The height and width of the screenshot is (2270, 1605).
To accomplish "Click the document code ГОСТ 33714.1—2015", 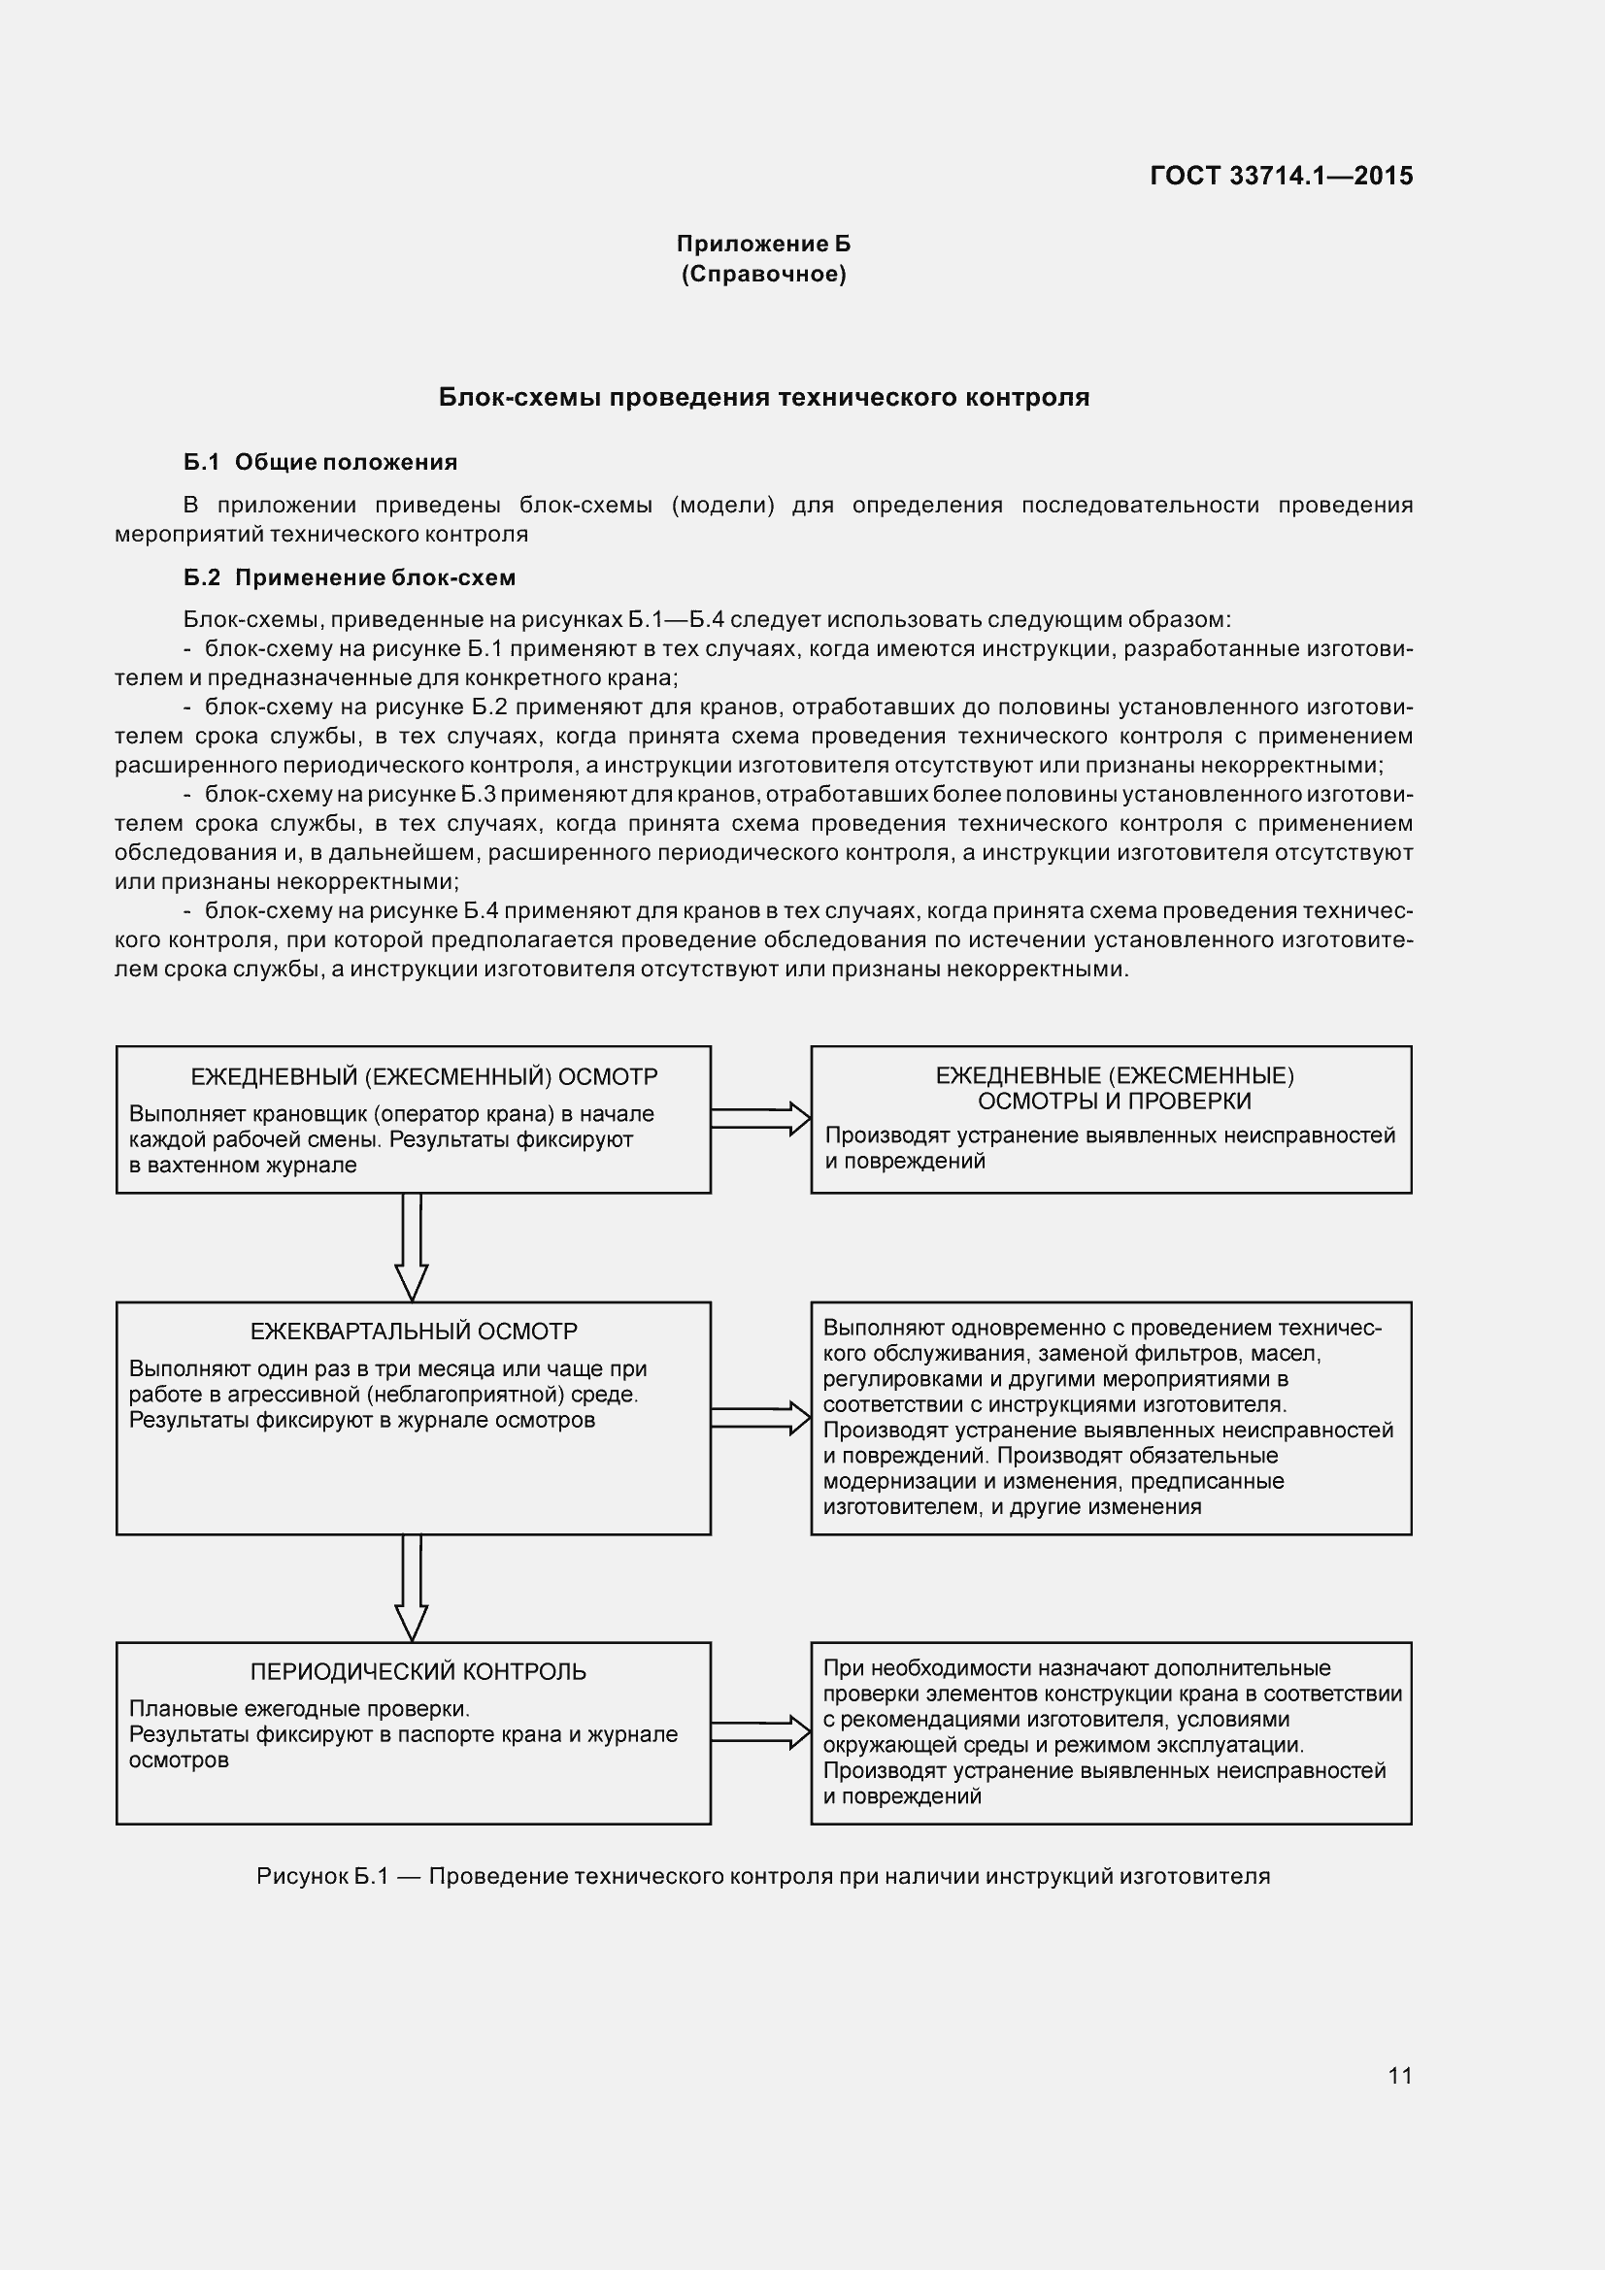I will tap(1281, 176).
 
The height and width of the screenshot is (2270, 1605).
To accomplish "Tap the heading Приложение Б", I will tap(762, 244).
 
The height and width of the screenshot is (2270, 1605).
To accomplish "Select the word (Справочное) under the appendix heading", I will tap(762, 274).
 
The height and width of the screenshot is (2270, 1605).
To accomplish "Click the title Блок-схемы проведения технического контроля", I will tap(763, 398).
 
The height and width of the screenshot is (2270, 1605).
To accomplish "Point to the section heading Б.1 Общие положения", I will tap(320, 462).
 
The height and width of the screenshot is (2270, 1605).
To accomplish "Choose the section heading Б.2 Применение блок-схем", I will tap(350, 577).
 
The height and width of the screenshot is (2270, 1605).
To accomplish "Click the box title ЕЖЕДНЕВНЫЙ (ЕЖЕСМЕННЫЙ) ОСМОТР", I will tap(423, 1076).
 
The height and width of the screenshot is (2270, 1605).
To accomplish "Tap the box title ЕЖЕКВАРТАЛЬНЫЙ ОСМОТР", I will tap(414, 1332).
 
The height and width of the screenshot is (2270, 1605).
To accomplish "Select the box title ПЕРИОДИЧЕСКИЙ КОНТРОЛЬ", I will tap(418, 1672).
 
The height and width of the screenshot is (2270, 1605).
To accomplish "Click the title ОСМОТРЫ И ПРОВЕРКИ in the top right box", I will tap(1114, 1102).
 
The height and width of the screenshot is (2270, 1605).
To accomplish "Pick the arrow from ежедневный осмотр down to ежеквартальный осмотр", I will tap(412, 1247).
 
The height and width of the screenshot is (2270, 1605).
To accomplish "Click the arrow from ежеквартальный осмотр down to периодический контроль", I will tap(412, 1588).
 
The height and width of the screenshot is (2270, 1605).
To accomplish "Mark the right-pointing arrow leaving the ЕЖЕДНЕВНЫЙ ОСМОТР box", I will tap(759, 1118).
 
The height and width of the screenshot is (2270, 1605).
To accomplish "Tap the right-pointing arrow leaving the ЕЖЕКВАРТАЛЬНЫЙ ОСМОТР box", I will tap(759, 1417).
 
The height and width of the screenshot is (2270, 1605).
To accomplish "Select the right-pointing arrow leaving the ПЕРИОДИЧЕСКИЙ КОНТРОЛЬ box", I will tap(759, 1732).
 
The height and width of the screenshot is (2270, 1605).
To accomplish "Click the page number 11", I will tap(1399, 2075).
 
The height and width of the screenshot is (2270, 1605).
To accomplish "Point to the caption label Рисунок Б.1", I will tap(321, 1877).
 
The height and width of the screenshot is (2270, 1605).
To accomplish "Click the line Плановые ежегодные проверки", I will tap(300, 1709).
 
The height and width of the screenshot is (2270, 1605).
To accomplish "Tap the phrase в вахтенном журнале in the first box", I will tap(243, 1165).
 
